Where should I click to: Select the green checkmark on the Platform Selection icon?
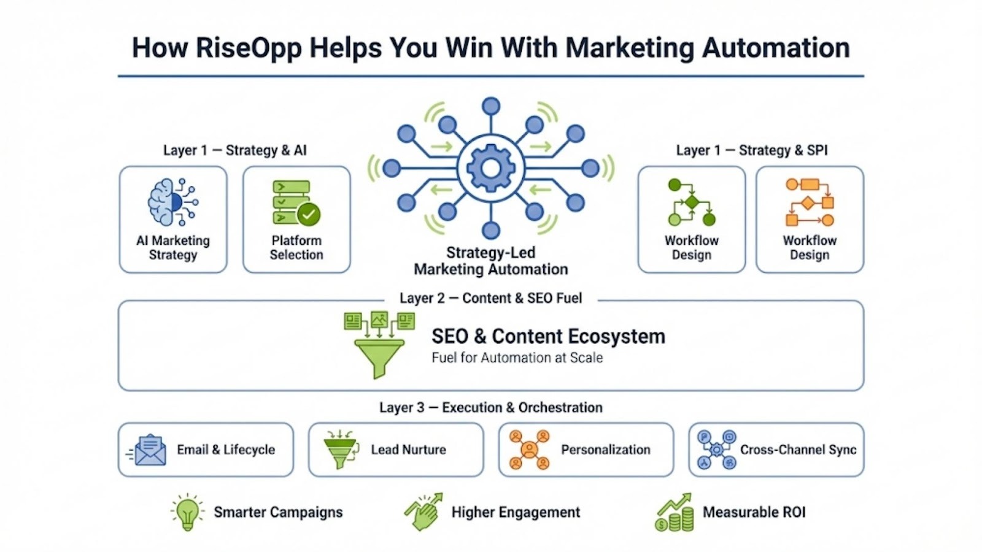(308, 214)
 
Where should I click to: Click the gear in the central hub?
(490, 167)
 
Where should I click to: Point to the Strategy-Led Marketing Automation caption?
(490, 261)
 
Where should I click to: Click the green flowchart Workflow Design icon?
(691, 202)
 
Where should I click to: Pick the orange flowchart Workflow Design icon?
(810, 202)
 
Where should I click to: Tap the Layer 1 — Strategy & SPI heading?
(751, 150)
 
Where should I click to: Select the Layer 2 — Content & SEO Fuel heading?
(490, 298)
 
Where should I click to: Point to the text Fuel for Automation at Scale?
(517, 358)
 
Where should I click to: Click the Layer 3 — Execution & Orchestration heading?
(490, 408)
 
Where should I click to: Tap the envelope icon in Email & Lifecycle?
(149, 450)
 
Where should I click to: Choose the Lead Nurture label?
(408, 450)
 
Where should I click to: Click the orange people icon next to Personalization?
(529, 450)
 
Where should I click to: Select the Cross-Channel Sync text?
(798, 450)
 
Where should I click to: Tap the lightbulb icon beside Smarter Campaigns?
(187, 512)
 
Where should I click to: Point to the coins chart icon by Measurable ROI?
(675, 513)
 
